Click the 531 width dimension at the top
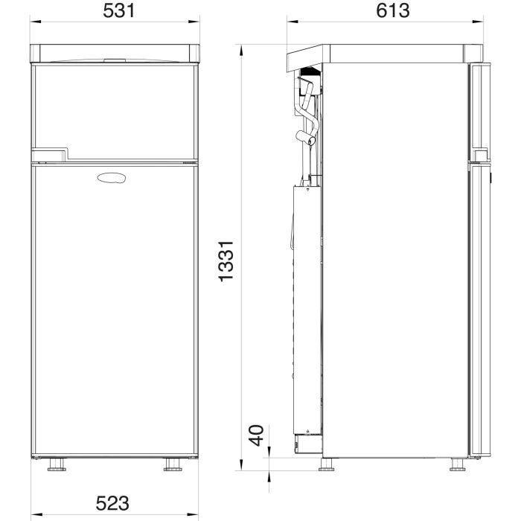(119, 10)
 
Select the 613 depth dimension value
(392, 10)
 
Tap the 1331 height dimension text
(226, 261)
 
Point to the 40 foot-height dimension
(257, 435)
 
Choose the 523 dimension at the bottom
(112, 503)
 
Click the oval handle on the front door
(112, 178)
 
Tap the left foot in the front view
(57, 465)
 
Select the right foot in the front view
(173, 465)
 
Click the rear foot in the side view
(326, 464)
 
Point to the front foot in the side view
(458, 464)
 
